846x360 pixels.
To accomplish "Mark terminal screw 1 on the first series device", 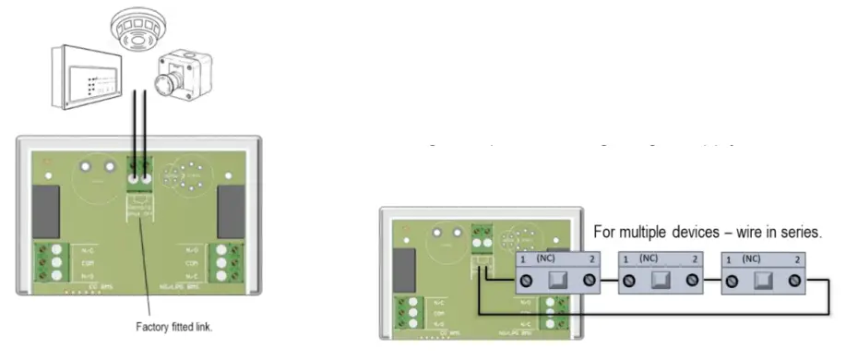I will coord(523,279).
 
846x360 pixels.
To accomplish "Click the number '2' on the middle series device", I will coord(694,259).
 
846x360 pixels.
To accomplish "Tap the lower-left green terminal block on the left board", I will coord(46,262).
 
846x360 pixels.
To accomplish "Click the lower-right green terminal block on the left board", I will coord(220,262).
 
